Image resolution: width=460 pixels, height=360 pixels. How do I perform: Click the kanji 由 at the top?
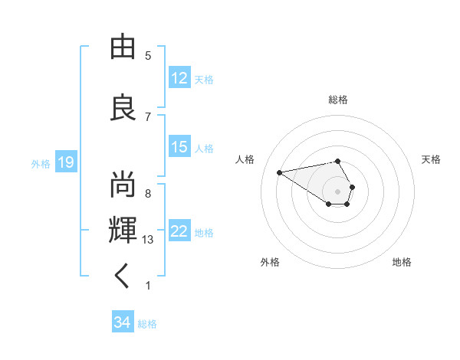tap(123, 48)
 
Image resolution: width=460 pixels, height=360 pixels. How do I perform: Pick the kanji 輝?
tap(123, 229)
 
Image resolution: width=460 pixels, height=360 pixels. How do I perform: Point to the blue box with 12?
tap(179, 78)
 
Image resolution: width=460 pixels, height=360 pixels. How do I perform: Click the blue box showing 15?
tap(179, 147)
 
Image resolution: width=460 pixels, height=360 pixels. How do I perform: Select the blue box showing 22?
tap(179, 231)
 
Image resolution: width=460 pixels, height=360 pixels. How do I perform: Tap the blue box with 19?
tap(65, 162)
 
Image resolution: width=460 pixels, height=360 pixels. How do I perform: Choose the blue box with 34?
tap(123, 323)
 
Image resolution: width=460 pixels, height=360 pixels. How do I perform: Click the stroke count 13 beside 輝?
tap(149, 240)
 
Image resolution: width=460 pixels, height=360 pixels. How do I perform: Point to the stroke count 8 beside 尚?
tap(148, 193)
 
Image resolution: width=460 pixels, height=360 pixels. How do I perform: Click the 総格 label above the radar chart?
tap(338, 100)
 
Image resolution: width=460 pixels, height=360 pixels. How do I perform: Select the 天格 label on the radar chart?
tap(432, 159)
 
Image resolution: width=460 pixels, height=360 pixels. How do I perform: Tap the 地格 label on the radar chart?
tap(402, 262)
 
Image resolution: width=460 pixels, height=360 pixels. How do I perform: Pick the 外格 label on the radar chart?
tap(270, 262)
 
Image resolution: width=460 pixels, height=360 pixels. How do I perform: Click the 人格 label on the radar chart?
tap(245, 159)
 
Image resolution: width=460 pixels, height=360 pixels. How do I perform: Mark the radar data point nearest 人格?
tap(280, 172)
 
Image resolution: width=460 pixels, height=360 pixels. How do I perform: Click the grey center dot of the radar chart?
tap(338, 191)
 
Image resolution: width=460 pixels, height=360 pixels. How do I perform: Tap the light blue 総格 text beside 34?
tap(147, 324)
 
